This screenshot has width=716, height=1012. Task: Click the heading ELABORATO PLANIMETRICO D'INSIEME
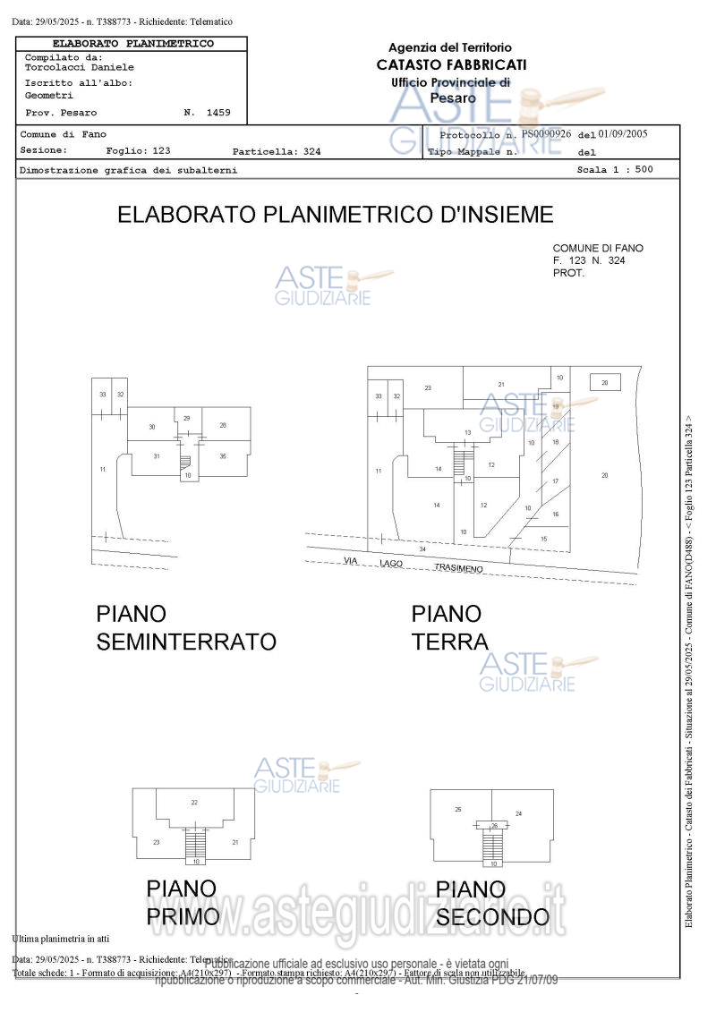tap(336, 215)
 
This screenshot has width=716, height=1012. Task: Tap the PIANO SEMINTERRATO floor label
tap(186, 628)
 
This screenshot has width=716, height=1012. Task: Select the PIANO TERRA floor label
tap(449, 628)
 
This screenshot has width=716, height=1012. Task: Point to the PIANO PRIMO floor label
tap(183, 903)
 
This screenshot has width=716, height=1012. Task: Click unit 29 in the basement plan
tap(186, 418)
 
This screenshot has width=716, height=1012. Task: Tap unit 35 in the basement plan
tap(222, 456)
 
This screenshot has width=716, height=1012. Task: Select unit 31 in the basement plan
tap(156, 456)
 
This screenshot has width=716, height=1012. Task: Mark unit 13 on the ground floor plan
tap(467, 432)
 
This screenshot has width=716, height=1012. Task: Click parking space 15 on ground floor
tap(543, 539)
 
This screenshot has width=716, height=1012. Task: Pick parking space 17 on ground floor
tap(555, 481)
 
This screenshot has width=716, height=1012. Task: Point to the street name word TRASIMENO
tap(458, 568)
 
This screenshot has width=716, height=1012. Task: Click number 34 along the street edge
tap(422, 549)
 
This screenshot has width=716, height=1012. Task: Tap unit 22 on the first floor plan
tap(194, 802)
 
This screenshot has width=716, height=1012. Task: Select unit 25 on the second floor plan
tap(458, 809)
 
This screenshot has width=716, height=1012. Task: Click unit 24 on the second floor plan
tap(518, 813)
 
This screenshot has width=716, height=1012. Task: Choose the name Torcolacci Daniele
tap(80, 67)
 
